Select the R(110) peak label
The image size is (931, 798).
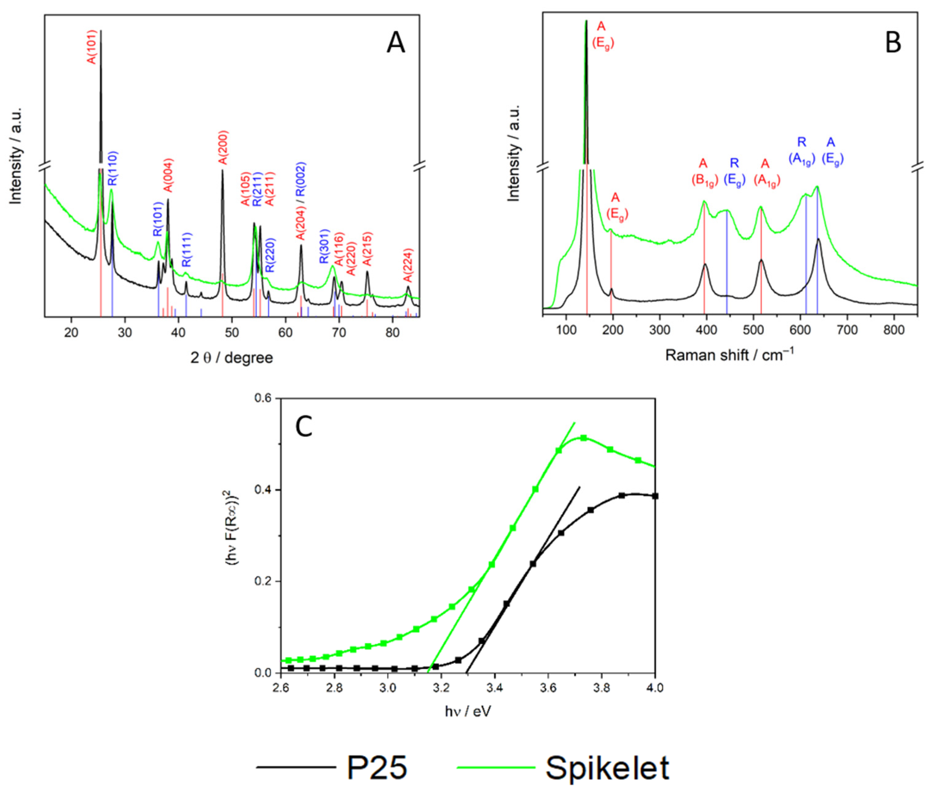[x=112, y=168]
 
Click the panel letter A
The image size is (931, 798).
[x=395, y=44]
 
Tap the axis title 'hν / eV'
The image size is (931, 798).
[x=467, y=711]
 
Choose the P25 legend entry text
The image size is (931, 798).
[x=376, y=768]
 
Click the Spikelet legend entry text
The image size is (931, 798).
[x=607, y=768]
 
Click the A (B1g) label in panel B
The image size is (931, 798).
[x=704, y=172]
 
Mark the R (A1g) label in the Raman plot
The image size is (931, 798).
[x=802, y=152]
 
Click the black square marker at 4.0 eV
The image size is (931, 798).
[x=655, y=496]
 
